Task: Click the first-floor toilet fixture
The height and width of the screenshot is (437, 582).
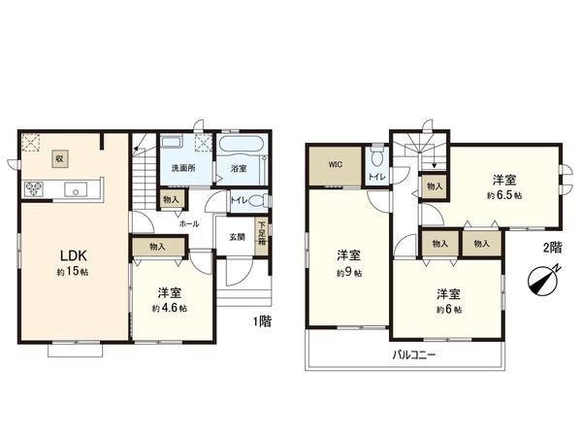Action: (x=255, y=201)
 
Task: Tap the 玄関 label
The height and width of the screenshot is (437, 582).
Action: (x=237, y=236)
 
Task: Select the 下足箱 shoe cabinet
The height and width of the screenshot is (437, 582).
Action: (x=261, y=235)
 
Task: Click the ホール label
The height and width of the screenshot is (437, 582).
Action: (x=188, y=222)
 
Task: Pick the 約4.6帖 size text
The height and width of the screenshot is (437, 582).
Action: (x=169, y=308)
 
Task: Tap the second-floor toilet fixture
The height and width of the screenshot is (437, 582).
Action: (x=377, y=157)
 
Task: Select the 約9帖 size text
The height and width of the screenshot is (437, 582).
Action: (x=349, y=273)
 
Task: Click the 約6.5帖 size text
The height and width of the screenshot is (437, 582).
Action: (x=503, y=195)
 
